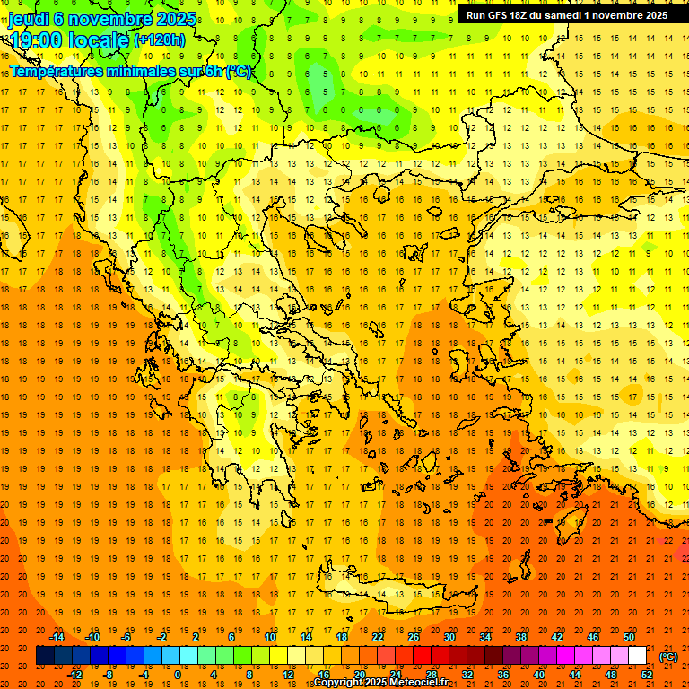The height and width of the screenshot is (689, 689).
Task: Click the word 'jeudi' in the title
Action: click(29, 18)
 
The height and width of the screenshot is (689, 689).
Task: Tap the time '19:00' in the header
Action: click(36, 39)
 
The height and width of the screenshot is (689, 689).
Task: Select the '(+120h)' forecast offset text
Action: click(159, 39)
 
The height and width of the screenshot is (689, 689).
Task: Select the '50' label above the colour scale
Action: click(629, 637)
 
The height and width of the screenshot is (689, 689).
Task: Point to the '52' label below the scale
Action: click(647, 675)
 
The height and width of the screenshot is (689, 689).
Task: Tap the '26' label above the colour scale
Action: click(414, 637)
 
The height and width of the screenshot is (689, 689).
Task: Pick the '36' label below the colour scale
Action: click(503, 675)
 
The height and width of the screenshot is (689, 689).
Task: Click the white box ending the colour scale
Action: click(638, 656)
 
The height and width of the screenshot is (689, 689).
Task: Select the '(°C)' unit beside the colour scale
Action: click(668, 657)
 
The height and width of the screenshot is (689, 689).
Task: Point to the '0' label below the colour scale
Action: click(177, 675)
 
